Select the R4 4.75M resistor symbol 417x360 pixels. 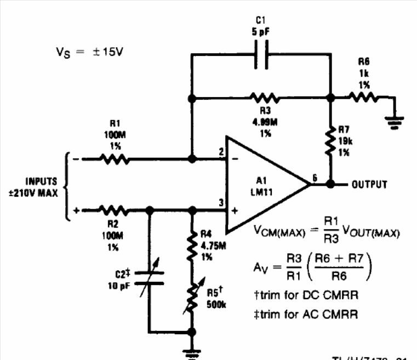192,245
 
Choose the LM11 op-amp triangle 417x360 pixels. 263,184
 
